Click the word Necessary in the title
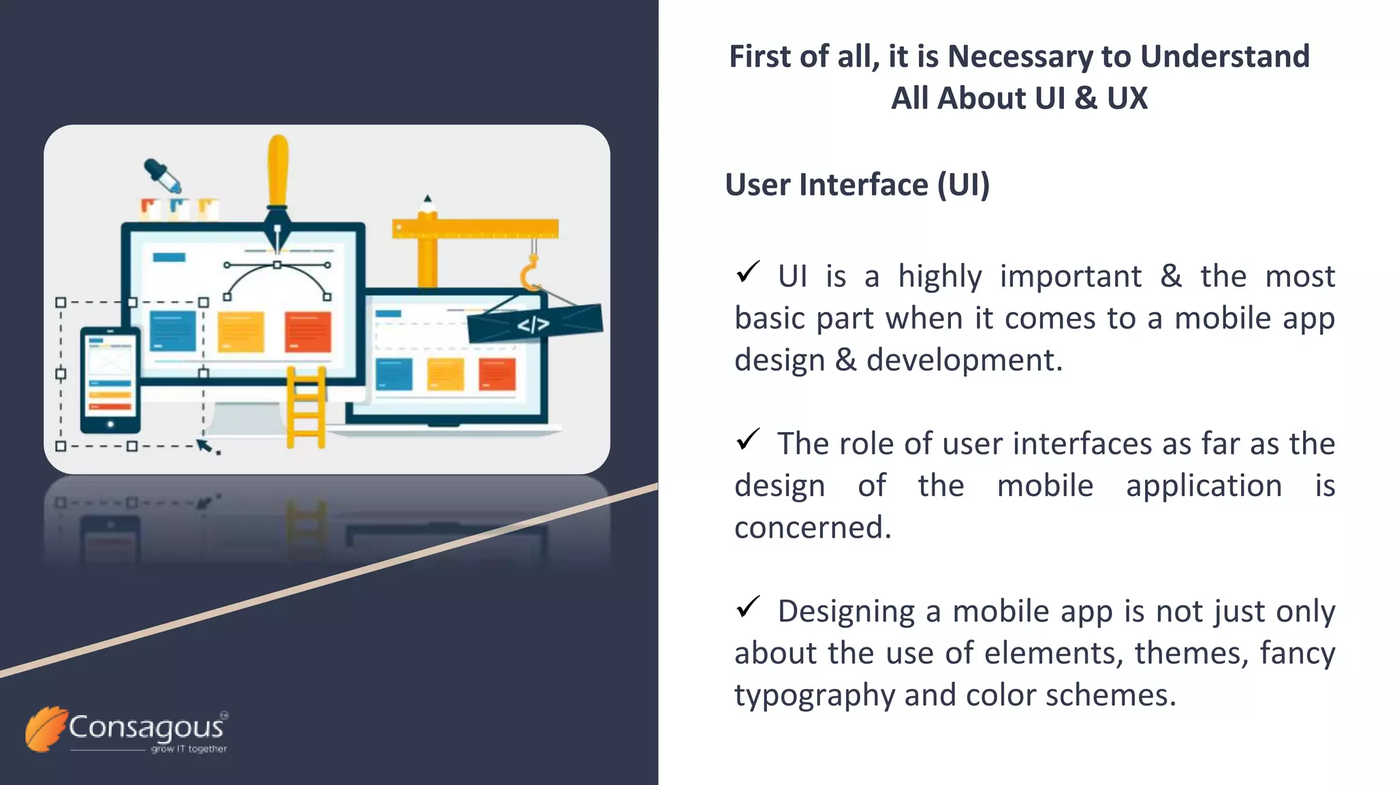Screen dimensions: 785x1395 (1020, 57)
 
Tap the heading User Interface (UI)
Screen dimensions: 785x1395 (857, 185)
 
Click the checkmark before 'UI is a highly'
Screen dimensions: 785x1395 (748, 273)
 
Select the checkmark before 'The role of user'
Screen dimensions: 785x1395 (748, 440)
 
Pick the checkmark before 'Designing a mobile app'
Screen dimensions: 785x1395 (748, 606)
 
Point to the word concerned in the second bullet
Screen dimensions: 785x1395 (813, 528)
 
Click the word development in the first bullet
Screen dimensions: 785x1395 (964, 360)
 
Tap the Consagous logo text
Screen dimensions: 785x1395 (146, 727)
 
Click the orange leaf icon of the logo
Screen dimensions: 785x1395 (45, 728)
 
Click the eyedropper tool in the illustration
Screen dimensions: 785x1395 (162, 175)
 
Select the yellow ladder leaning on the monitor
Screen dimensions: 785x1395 (305, 407)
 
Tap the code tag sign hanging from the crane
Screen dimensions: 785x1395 (534, 324)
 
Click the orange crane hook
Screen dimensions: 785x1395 (529, 273)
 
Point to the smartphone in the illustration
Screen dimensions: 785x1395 (110, 380)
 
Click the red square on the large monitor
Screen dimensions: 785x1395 (308, 332)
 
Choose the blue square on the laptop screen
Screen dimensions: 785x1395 (394, 374)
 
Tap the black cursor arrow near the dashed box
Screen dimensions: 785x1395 (204, 446)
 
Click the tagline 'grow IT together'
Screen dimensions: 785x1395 (189, 749)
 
